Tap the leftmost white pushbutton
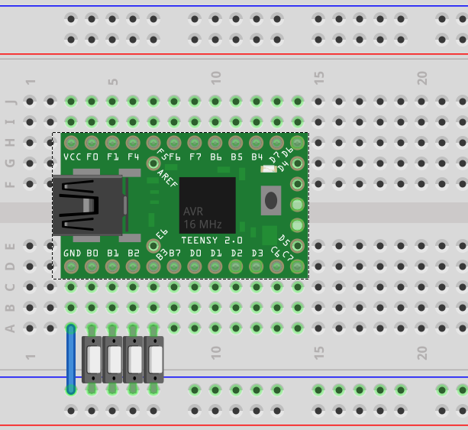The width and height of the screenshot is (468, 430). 92,359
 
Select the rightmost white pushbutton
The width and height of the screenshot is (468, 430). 154,359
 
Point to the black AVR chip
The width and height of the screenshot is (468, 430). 207,205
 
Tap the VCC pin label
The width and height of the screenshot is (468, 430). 72,157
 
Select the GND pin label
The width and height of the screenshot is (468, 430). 72,253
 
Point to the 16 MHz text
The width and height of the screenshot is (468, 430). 202,225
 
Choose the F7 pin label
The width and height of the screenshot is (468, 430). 195,157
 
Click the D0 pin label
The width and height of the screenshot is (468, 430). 195,253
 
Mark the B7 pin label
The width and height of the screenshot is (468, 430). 174,253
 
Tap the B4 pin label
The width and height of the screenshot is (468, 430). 257,157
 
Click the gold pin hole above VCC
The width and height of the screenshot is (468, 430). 72,143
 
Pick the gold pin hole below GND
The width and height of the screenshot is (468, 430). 72,267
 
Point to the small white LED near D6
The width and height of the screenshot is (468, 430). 267,169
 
